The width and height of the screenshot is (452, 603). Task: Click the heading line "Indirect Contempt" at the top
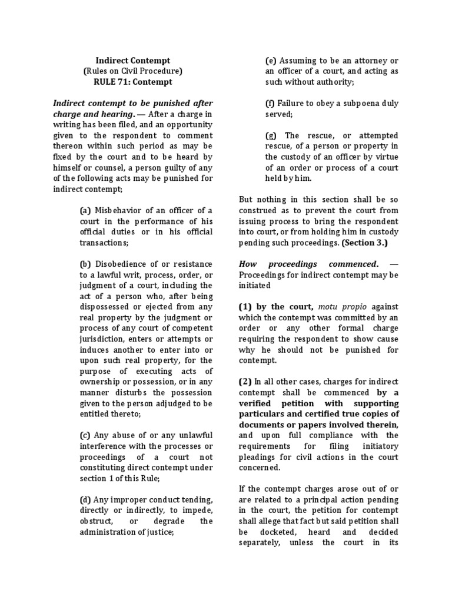coord(133,60)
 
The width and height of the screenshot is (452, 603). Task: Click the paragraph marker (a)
coord(85,210)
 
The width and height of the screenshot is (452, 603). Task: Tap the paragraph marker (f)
coord(270,103)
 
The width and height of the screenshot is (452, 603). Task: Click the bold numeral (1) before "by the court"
coord(245,307)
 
